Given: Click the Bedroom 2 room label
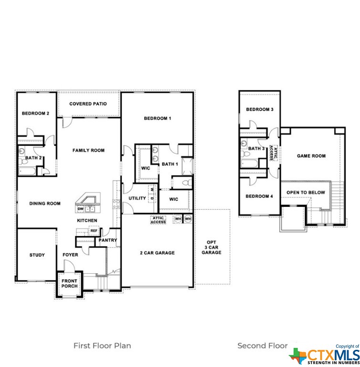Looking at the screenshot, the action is tap(35, 114).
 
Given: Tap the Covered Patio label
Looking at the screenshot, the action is tap(88, 104).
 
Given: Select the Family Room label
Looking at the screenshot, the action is tap(88, 150).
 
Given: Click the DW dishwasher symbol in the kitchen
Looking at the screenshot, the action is tap(80, 209).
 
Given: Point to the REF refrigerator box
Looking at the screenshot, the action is tap(94, 230).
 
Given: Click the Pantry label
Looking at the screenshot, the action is tap(107, 240).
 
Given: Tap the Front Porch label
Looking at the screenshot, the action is tap(70, 283).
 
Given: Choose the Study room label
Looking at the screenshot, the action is tap(37, 255).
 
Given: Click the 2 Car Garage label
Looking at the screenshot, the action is tap(157, 253).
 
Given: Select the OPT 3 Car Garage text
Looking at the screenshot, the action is tap(212, 248).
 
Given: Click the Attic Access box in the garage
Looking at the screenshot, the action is tap(158, 220).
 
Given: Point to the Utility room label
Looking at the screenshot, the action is tap(138, 198).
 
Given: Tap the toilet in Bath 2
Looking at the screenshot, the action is tap(23, 161).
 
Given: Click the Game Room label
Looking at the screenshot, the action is tap(311, 156).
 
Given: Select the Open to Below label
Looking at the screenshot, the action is tap(306, 193).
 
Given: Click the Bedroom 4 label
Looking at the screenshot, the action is tap(259, 196).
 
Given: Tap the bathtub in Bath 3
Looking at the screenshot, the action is tap(249, 163).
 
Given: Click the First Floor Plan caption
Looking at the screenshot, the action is tap(102, 345).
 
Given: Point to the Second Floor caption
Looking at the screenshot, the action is tap(263, 345).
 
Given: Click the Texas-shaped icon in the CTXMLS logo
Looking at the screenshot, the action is tap(297, 356).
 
